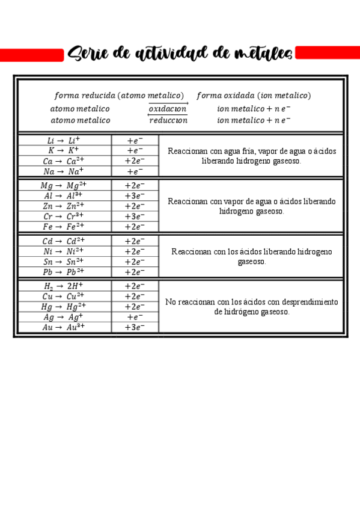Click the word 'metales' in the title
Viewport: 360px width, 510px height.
pos(261,54)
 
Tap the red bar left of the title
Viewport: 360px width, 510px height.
pos(31,55)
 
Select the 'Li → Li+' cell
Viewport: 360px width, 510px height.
pos(64,140)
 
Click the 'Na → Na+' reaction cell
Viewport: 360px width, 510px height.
pos(64,171)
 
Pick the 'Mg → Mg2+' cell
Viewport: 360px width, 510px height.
pos(64,185)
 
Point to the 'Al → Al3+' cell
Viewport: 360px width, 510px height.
pos(64,195)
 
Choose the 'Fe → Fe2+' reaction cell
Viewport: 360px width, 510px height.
pos(64,227)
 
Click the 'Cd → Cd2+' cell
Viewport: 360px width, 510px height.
pos(64,241)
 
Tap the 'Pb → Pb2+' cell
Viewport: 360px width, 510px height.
pos(64,272)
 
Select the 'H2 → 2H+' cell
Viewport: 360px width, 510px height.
pos(64,286)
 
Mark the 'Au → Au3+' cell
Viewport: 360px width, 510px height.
pos(64,327)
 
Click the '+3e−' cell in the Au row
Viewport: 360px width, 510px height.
pos(135,327)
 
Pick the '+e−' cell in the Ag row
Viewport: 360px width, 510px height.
pos(135,317)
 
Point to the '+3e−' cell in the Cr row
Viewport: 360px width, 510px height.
pos(135,217)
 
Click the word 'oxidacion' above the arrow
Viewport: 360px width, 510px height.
pos(168,109)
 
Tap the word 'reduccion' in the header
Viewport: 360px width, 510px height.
pos(168,120)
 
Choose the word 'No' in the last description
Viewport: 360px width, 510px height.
pos(171,302)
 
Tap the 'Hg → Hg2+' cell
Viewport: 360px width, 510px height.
pos(64,307)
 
